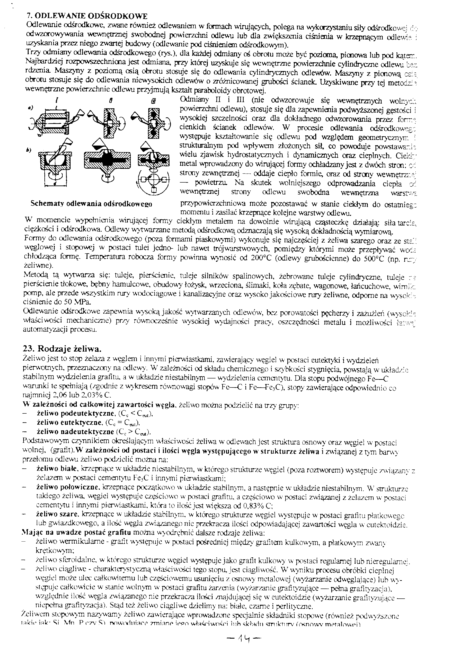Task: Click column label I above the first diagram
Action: [x=57, y=101]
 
